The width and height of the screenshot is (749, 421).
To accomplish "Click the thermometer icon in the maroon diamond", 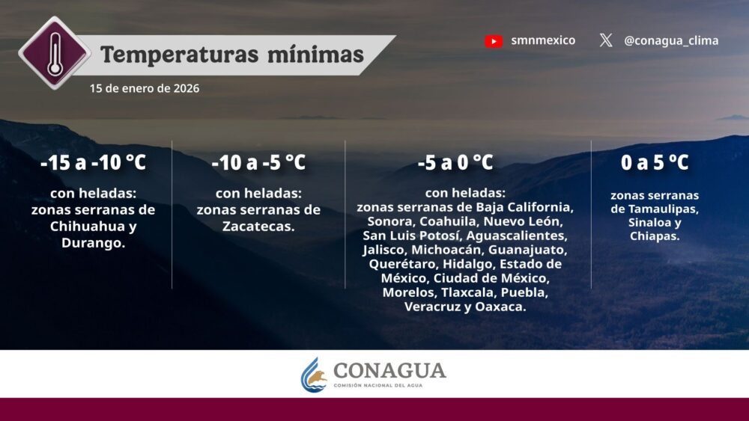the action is click(x=55, y=53).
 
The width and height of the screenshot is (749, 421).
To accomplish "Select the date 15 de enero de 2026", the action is click(x=145, y=88).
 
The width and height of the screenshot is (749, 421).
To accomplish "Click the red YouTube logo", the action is click(x=494, y=41).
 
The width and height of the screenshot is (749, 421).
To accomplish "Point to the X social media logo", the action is click(x=606, y=40).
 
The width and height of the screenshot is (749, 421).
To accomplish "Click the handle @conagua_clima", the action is click(x=671, y=40).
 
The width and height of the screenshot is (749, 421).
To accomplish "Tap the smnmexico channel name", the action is click(x=543, y=40).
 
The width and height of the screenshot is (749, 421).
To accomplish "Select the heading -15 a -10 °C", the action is click(x=93, y=162).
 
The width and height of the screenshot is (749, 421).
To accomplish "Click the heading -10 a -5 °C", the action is click(x=258, y=162).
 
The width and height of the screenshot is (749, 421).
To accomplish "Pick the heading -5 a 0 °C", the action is click(x=455, y=162).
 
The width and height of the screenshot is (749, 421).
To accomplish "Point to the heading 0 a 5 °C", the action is click(x=655, y=162).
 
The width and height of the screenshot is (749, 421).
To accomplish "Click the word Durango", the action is click(x=93, y=243).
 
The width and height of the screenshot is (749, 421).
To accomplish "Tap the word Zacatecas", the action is click(x=258, y=226).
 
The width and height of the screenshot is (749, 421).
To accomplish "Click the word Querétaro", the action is click(x=404, y=264).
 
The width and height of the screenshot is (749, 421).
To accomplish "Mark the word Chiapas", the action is click(x=655, y=236).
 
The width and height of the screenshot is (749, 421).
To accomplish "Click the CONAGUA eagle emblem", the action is click(x=314, y=375).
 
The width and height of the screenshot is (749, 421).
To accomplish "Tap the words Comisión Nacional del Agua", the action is click(x=377, y=385).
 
